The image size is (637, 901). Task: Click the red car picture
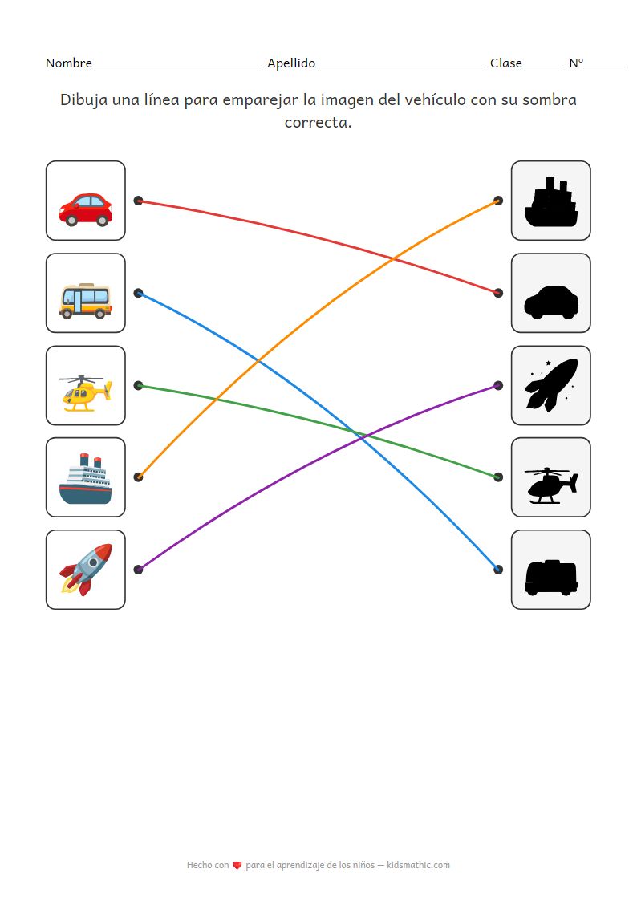click(x=85, y=209)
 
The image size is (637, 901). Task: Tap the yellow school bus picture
click(x=85, y=301)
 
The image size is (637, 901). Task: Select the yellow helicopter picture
click(x=85, y=393)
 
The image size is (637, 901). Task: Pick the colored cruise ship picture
click(x=85, y=479)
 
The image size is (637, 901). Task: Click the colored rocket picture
click(x=85, y=570)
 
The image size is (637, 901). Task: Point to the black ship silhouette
click(x=550, y=202)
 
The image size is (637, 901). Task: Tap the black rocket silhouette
click(x=550, y=385)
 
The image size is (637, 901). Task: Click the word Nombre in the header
click(x=68, y=63)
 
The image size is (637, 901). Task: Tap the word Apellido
click(x=290, y=63)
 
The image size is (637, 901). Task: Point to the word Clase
click(x=505, y=63)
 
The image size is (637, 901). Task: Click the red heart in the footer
click(x=237, y=866)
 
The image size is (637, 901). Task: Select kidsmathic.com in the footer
click(x=418, y=865)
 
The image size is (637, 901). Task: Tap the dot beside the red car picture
click(x=138, y=201)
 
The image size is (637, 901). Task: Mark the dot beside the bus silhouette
click(x=498, y=570)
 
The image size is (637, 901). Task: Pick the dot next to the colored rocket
click(x=138, y=570)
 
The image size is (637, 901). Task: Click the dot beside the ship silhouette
click(x=498, y=201)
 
